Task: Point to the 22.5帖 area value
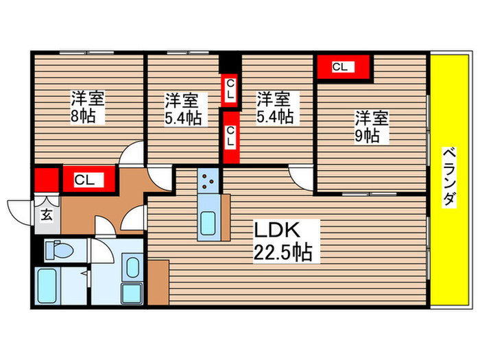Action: (x=283, y=252)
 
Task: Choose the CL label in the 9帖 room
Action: (x=341, y=67)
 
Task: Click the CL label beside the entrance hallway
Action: (x=85, y=181)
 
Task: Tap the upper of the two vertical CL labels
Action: (x=231, y=90)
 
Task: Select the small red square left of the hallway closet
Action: (x=45, y=181)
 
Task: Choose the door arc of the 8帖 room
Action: (x=132, y=155)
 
